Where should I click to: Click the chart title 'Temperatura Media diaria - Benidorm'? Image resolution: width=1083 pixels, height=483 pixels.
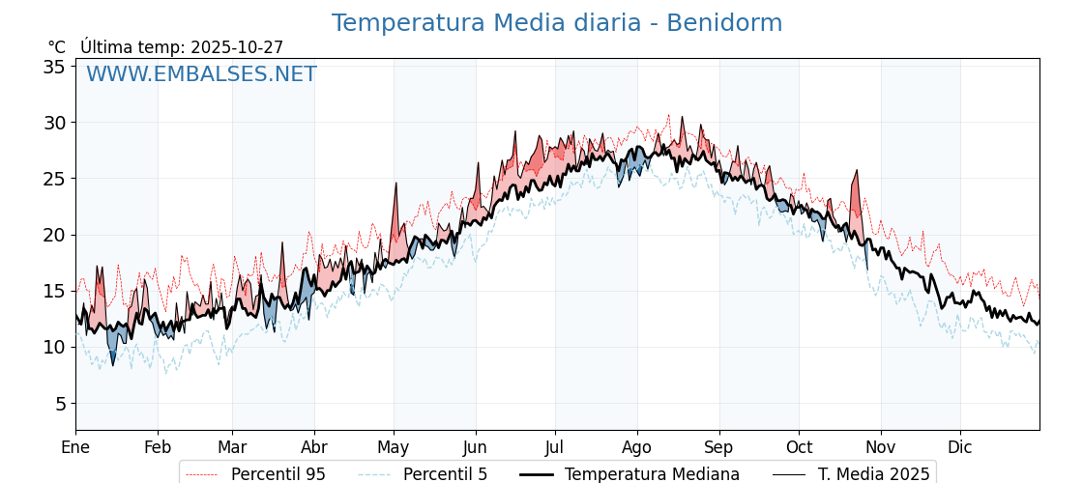[556, 23]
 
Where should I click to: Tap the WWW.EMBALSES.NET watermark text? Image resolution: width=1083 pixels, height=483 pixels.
[201, 74]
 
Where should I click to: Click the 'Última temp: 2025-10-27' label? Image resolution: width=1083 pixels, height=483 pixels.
[182, 47]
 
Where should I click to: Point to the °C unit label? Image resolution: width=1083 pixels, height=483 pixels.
[56, 47]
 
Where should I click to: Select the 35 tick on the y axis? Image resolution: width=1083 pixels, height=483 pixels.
[53, 67]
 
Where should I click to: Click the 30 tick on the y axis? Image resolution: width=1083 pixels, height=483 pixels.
[53, 123]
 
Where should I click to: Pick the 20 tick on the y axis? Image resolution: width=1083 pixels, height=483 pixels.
[53, 235]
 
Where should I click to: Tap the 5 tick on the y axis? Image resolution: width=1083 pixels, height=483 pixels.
[59, 403]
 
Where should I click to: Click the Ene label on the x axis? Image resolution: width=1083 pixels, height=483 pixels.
[75, 447]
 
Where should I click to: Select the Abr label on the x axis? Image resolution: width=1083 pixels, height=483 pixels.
[314, 447]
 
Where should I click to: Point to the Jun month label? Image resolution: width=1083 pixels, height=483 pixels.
[475, 447]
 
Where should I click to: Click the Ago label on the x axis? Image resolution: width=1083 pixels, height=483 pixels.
[637, 447]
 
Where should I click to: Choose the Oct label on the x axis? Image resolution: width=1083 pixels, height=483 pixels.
[799, 447]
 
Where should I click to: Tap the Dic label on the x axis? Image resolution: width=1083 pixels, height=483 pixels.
[960, 447]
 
